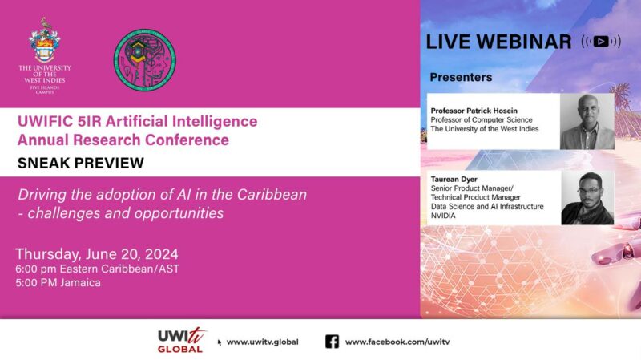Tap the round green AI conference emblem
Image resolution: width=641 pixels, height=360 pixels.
pyautogui.click(x=145, y=59)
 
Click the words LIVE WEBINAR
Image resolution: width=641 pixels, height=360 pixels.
pyautogui.click(x=498, y=42)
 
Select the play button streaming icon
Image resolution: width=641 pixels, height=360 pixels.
pyautogui.click(x=601, y=42)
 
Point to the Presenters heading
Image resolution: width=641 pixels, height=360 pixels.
pyautogui.click(x=461, y=77)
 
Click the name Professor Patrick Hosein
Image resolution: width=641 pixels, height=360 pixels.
pyautogui.click(x=474, y=111)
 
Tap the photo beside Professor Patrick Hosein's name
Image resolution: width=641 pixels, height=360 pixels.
pyautogui.click(x=587, y=122)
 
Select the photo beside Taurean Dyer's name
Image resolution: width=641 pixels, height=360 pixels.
pyautogui.click(x=587, y=197)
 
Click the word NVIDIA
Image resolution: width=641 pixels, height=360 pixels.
pyautogui.click(x=443, y=216)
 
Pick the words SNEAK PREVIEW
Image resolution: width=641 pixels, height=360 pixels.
pyautogui.click(x=81, y=163)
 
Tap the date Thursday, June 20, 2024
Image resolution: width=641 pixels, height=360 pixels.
pyautogui.click(x=97, y=254)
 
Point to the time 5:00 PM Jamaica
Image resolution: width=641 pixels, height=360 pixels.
pyautogui.click(x=58, y=283)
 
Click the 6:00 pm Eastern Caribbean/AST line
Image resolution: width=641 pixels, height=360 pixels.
pyautogui.click(x=97, y=269)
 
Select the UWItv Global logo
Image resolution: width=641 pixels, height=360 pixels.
pyautogui.click(x=181, y=341)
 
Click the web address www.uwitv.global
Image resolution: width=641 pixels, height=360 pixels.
pyautogui.click(x=263, y=342)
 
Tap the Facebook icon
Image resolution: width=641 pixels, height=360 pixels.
pyautogui.click(x=332, y=342)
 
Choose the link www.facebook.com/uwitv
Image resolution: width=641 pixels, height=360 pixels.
pyautogui.click(x=397, y=342)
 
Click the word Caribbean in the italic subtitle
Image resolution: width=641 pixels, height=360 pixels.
pyautogui.click(x=272, y=194)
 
